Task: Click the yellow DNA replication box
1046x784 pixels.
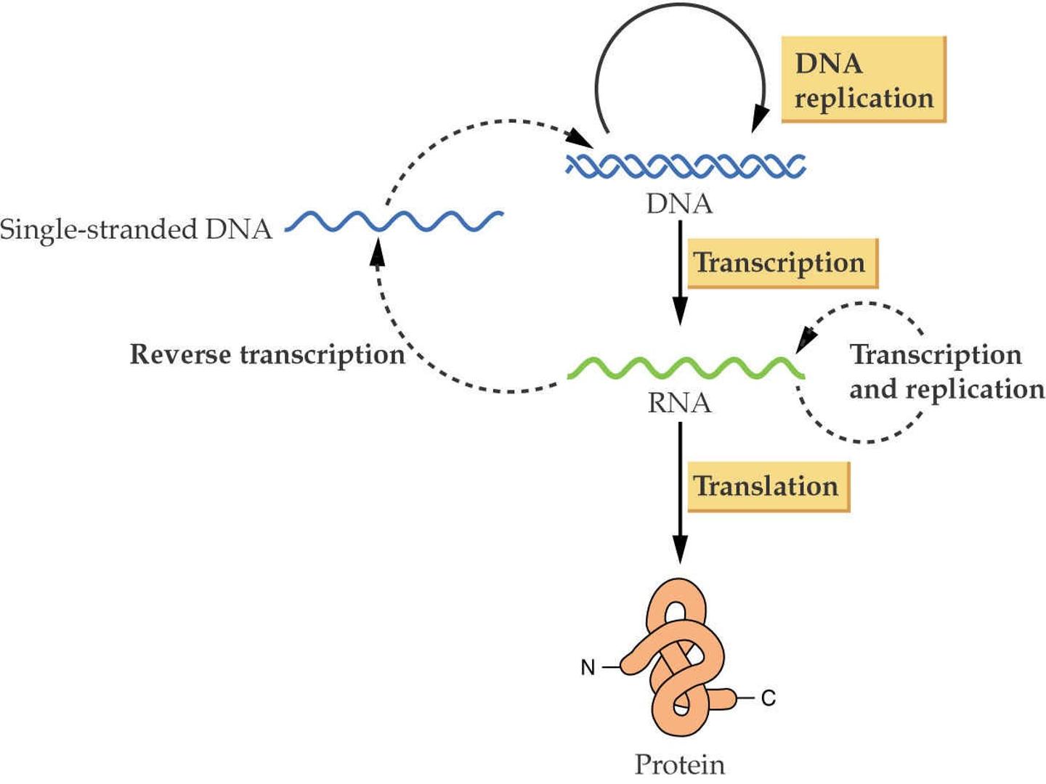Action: click(864, 80)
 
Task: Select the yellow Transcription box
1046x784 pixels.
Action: click(782, 264)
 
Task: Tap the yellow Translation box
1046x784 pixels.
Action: click(769, 486)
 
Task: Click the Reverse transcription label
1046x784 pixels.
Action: click(267, 355)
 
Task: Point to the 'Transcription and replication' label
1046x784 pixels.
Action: click(947, 372)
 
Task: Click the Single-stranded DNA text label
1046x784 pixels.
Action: click(137, 229)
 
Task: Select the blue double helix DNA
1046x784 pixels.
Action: click(685, 166)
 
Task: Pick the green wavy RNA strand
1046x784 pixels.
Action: click(686, 368)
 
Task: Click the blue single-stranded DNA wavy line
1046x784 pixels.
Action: click(394, 221)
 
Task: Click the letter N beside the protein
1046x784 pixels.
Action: click(588, 667)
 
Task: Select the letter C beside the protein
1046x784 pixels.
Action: click(769, 698)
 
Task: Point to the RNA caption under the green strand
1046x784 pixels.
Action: click(680, 403)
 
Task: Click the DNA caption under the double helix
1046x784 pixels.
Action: click(680, 204)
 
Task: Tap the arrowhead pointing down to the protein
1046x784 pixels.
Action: click(680, 549)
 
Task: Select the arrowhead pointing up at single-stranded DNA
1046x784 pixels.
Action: click(378, 252)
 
